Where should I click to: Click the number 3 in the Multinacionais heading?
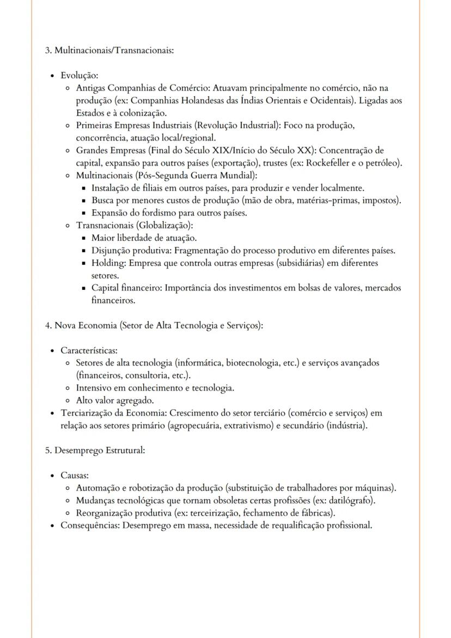[47, 50]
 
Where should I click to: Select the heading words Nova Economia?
[80, 325]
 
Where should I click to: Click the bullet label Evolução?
[79, 75]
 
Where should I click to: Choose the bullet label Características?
[89, 350]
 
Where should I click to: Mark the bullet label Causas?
[75, 475]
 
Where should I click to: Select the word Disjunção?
[111, 251]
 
